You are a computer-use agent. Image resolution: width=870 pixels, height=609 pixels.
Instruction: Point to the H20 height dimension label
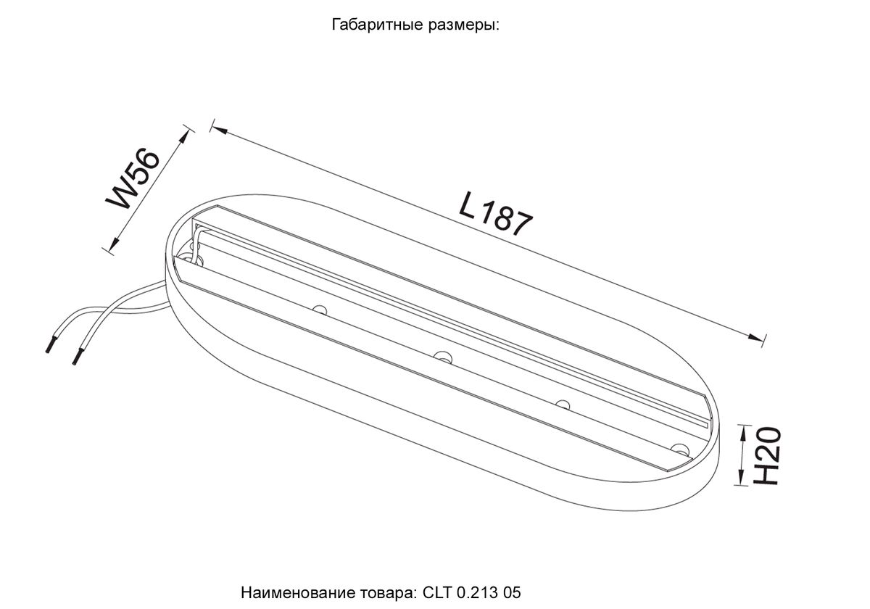(x=767, y=455)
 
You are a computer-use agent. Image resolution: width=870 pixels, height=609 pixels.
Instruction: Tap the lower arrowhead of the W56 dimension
(x=114, y=245)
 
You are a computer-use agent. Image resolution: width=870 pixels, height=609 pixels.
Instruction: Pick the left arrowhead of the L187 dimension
(x=220, y=129)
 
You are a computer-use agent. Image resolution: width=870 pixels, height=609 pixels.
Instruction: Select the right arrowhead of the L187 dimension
(x=755, y=337)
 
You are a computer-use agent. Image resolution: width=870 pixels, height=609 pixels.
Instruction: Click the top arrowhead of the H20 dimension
(x=742, y=432)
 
